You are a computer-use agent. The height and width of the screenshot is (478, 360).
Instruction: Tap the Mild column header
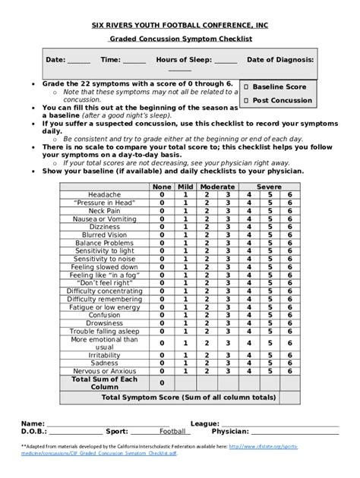point(185,187)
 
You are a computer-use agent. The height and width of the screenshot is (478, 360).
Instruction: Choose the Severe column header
point(268,187)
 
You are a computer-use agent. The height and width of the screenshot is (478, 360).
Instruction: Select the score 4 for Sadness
point(248,362)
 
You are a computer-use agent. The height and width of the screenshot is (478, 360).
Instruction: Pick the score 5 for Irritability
point(268,354)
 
